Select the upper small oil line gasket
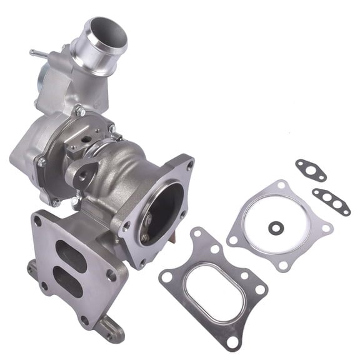[311, 170]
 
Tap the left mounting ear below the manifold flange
[31, 268]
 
